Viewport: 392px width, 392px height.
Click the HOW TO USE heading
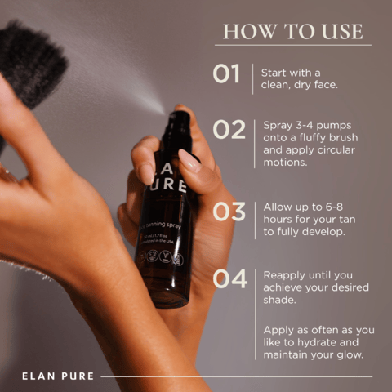[292, 32]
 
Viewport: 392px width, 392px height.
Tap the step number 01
[226, 74]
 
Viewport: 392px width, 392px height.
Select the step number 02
[229, 130]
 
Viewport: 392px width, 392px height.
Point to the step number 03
[229, 212]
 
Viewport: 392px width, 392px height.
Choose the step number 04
[229, 278]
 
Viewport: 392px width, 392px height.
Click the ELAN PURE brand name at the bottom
[58, 376]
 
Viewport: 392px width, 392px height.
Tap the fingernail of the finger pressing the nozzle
[189, 160]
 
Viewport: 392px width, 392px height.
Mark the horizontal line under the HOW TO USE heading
[292, 45]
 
